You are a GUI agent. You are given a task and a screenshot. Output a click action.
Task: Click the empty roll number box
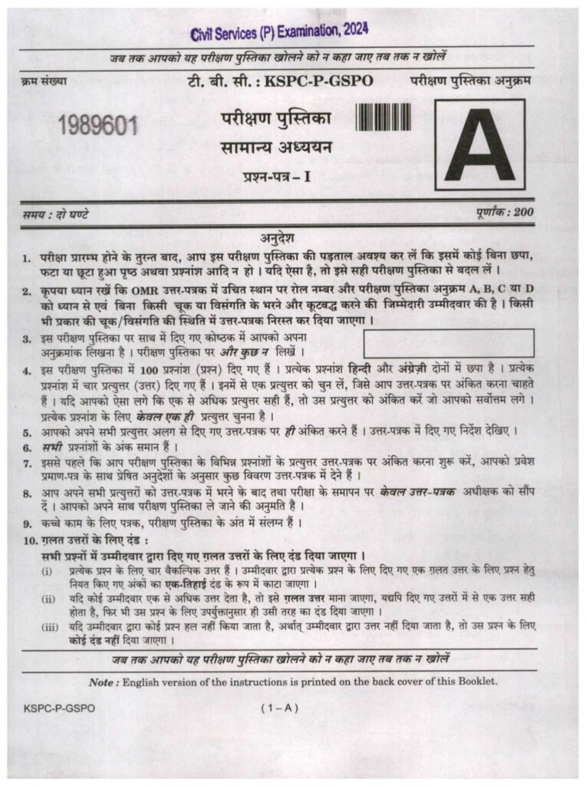click(449, 343)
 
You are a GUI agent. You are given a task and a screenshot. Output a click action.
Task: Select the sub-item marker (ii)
click(48, 598)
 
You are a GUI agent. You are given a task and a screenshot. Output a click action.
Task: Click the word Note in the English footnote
click(103, 681)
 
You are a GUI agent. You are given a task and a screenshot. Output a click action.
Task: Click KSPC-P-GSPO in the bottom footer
click(60, 708)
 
